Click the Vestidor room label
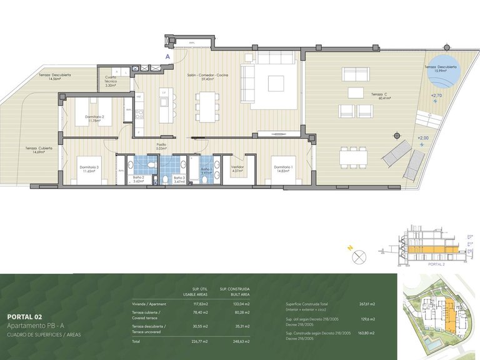[237, 169]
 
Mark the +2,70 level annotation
[436, 96]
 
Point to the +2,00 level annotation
[423, 137]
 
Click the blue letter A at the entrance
[167, 56]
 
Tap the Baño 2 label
[139, 179]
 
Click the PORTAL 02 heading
[26, 316]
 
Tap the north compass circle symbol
[359, 256]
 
